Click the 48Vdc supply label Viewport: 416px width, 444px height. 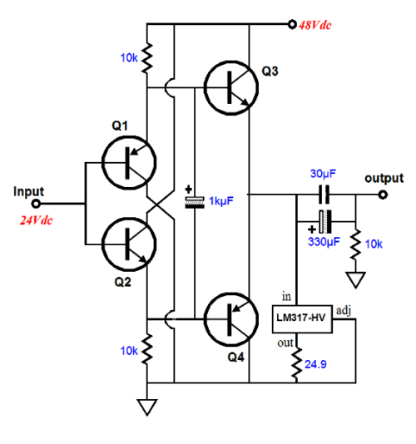[314, 26]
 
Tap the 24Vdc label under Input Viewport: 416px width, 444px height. [37, 220]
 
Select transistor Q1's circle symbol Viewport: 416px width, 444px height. [129, 162]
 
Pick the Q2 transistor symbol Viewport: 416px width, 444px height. [129, 244]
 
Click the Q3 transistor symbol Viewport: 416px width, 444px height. [231, 87]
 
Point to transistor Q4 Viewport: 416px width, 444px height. [231, 319]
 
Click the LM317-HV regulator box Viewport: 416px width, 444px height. [302, 318]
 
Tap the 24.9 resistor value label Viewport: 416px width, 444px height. [315, 364]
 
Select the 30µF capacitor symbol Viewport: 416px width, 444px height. [324, 195]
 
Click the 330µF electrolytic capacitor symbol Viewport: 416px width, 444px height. [325, 221]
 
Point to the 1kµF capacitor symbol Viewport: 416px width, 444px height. [195, 203]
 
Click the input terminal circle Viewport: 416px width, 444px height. [36, 204]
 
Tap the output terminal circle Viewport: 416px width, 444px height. [383, 195]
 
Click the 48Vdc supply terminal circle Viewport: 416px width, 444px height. [292, 24]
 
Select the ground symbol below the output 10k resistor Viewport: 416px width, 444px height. [355, 279]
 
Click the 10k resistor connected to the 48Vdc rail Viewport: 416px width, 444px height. [147, 58]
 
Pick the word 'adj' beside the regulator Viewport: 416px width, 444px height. [344, 311]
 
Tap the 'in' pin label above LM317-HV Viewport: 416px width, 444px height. [286, 296]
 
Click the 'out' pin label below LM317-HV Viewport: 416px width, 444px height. [285, 343]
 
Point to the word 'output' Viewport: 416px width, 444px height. [384, 179]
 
